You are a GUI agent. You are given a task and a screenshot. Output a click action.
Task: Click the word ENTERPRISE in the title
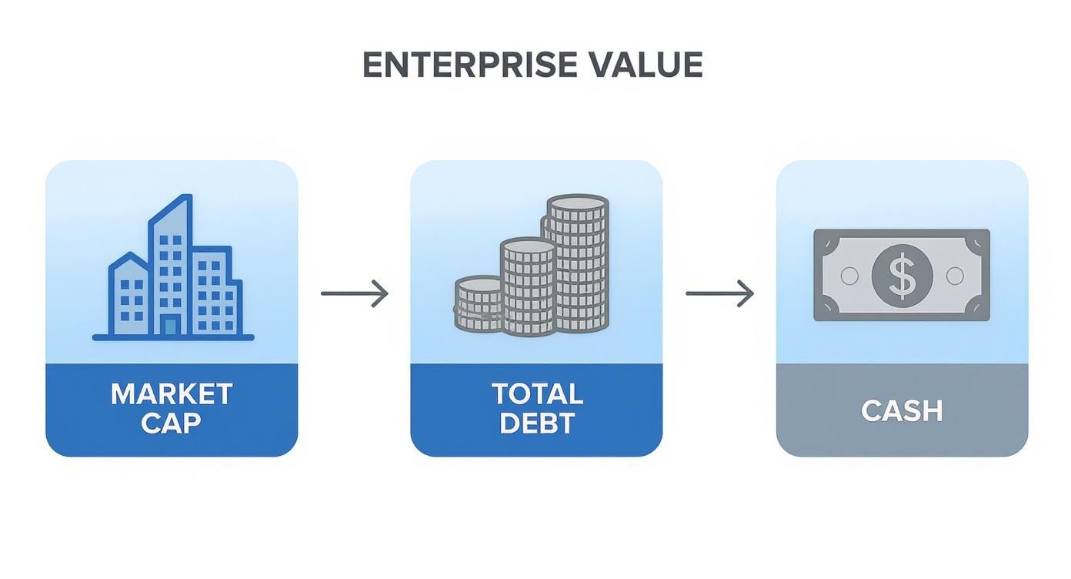click(469, 65)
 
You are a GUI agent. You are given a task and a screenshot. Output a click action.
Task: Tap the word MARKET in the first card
click(172, 394)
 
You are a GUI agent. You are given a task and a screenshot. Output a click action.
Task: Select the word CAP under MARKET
click(171, 423)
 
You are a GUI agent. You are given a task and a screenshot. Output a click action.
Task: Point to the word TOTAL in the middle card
click(537, 394)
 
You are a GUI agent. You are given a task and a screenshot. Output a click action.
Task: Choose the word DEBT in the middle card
click(537, 423)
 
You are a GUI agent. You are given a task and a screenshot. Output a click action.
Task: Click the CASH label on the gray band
click(902, 410)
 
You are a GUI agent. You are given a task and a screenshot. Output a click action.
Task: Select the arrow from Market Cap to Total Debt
click(355, 293)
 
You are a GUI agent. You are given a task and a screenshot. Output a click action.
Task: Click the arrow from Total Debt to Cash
click(719, 293)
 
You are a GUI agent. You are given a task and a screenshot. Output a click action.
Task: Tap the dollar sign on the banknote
click(902, 276)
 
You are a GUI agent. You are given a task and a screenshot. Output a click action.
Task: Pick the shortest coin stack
click(479, 305)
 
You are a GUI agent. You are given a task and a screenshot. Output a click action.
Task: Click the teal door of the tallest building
click(170, 326)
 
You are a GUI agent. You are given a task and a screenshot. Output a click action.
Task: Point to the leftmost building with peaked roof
click(129, 296)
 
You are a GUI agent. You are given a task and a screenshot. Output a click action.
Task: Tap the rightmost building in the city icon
click(217, 293)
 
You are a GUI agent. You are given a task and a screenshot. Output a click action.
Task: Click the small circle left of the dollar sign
click(849, 276)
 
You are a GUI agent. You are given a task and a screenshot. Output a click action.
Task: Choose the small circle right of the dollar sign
click(955, 276)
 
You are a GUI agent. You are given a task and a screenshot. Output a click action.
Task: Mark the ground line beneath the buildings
click(173, 338)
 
